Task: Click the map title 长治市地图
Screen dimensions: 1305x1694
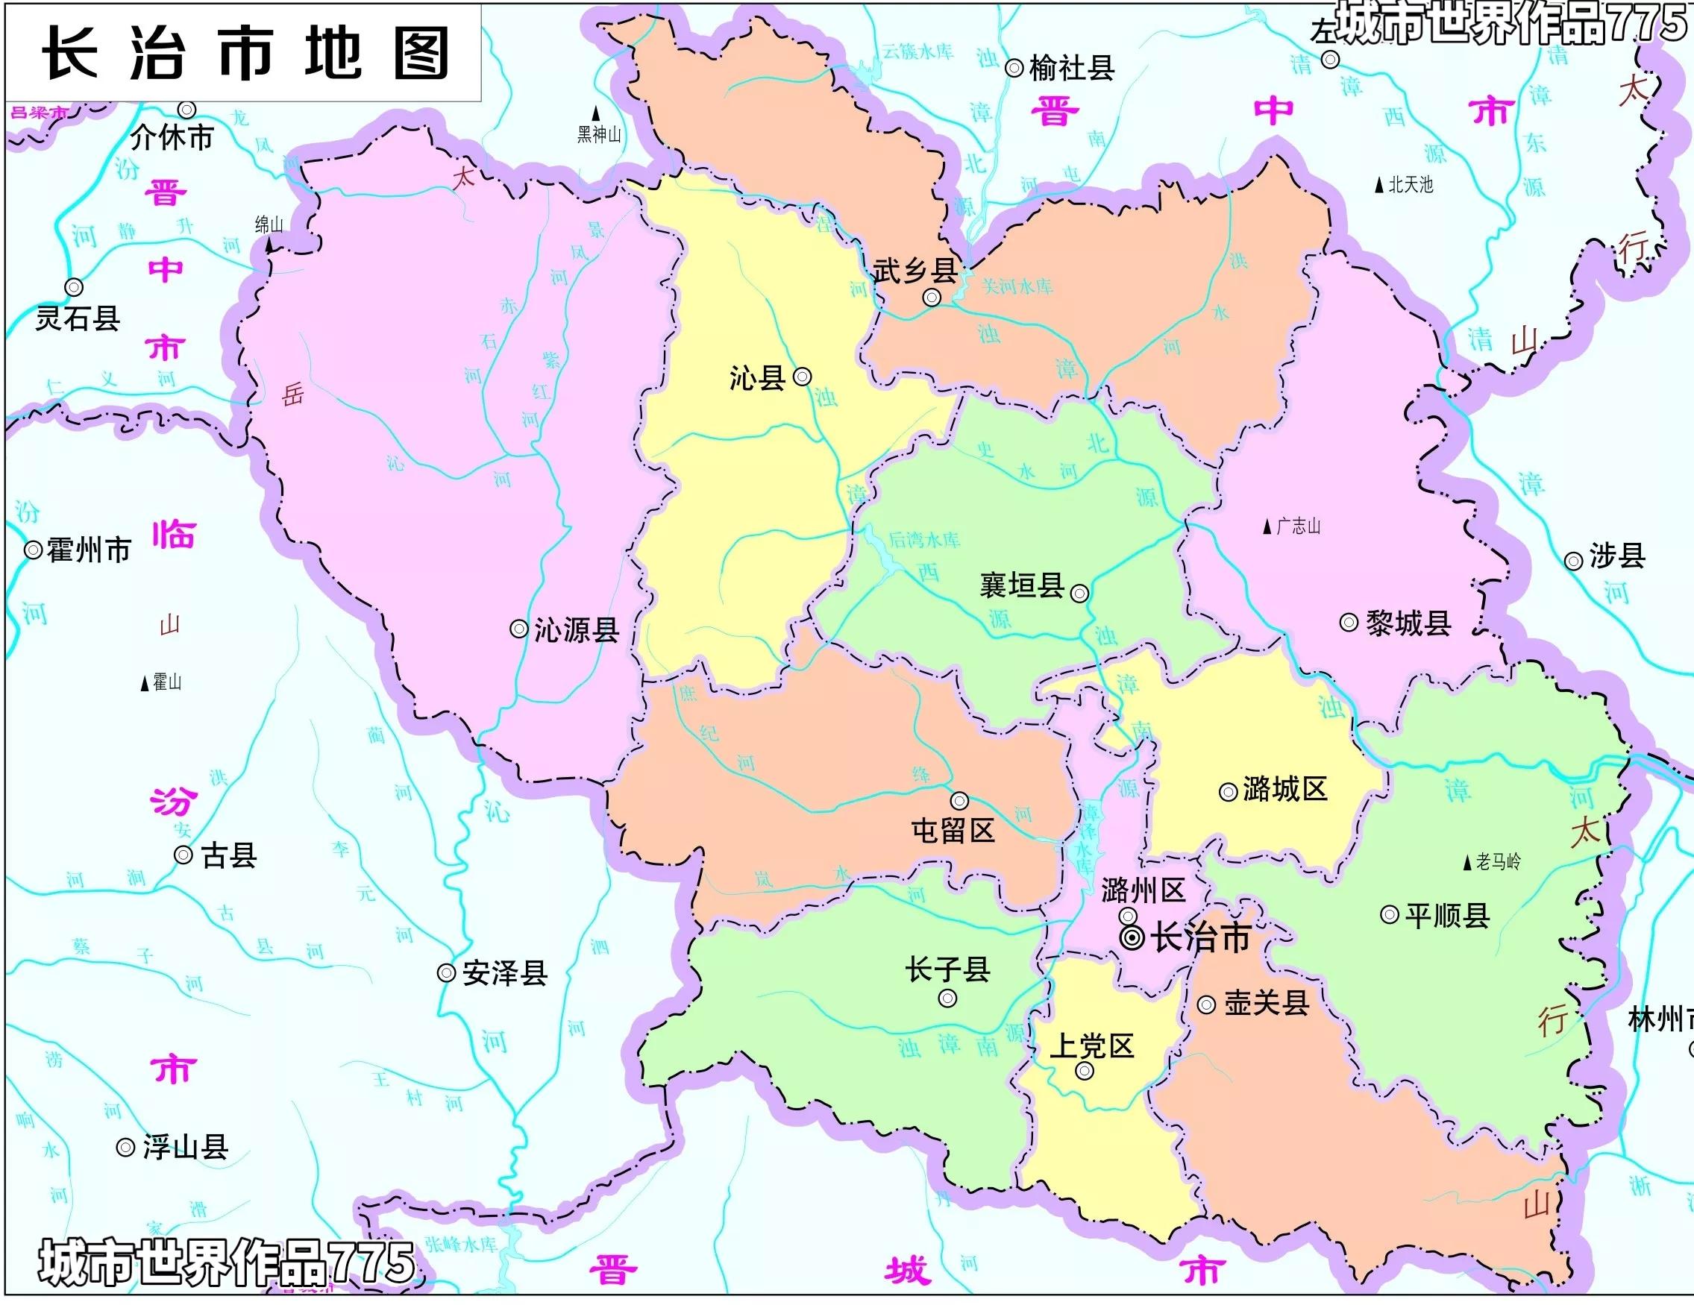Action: [x=245, y=53]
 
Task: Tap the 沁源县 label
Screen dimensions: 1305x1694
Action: [x=577, y=629]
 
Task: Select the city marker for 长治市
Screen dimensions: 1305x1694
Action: [x=1132, y=937]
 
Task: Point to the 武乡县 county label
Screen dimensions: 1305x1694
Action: [x=915, y=271]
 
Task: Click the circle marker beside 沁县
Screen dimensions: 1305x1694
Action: [x=803, y=377]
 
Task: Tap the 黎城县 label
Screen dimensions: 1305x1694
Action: [x=1408, y=623]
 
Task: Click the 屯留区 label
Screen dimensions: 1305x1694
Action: [x=953, y=831]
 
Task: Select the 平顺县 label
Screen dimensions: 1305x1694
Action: [x=1447, y=916]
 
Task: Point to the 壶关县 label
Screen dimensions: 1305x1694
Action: [x=1267, y=1004]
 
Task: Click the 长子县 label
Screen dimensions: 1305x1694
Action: [x=948, y=969]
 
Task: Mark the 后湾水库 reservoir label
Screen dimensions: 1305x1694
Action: [x=923, y=540]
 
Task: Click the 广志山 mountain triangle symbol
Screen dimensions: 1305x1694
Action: [x=1267, y=527]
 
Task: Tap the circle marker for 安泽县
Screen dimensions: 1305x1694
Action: [x=446, y=972]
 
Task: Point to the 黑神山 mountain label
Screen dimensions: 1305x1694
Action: [x=599, y=135]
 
